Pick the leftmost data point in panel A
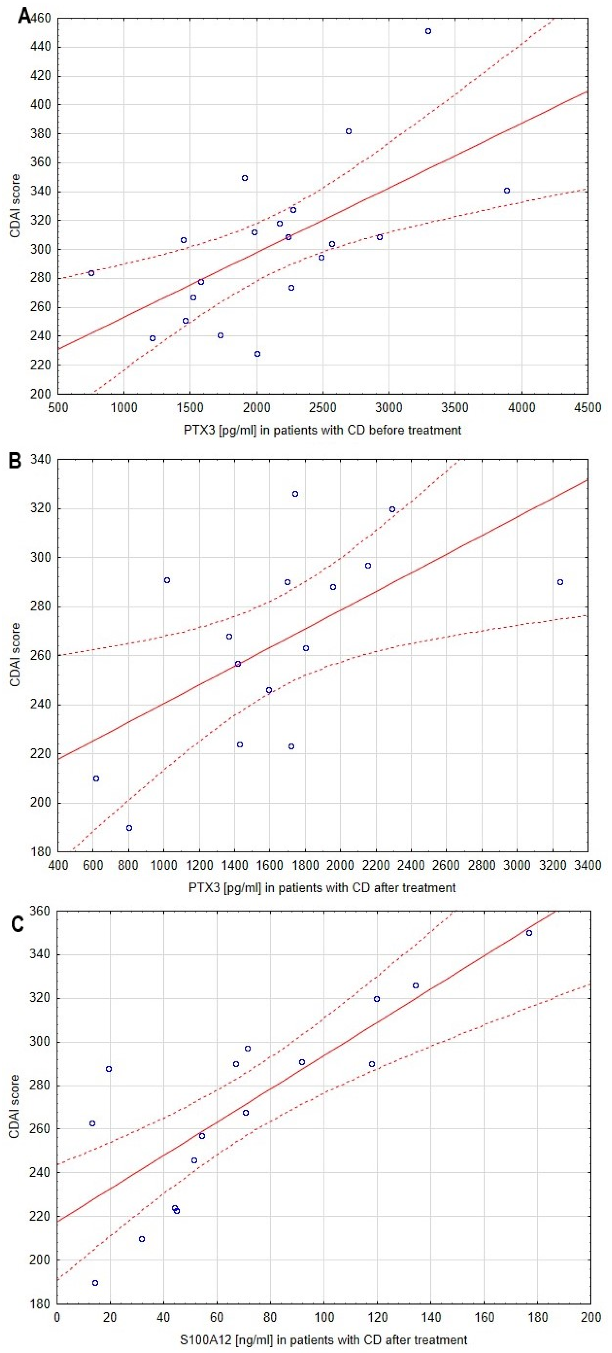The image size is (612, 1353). (91, 273)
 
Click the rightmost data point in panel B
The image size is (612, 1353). (560, 582)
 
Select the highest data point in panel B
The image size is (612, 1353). (296, 494)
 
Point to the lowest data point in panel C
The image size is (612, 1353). (95, 1283)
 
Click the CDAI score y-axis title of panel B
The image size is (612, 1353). (15, 655)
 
